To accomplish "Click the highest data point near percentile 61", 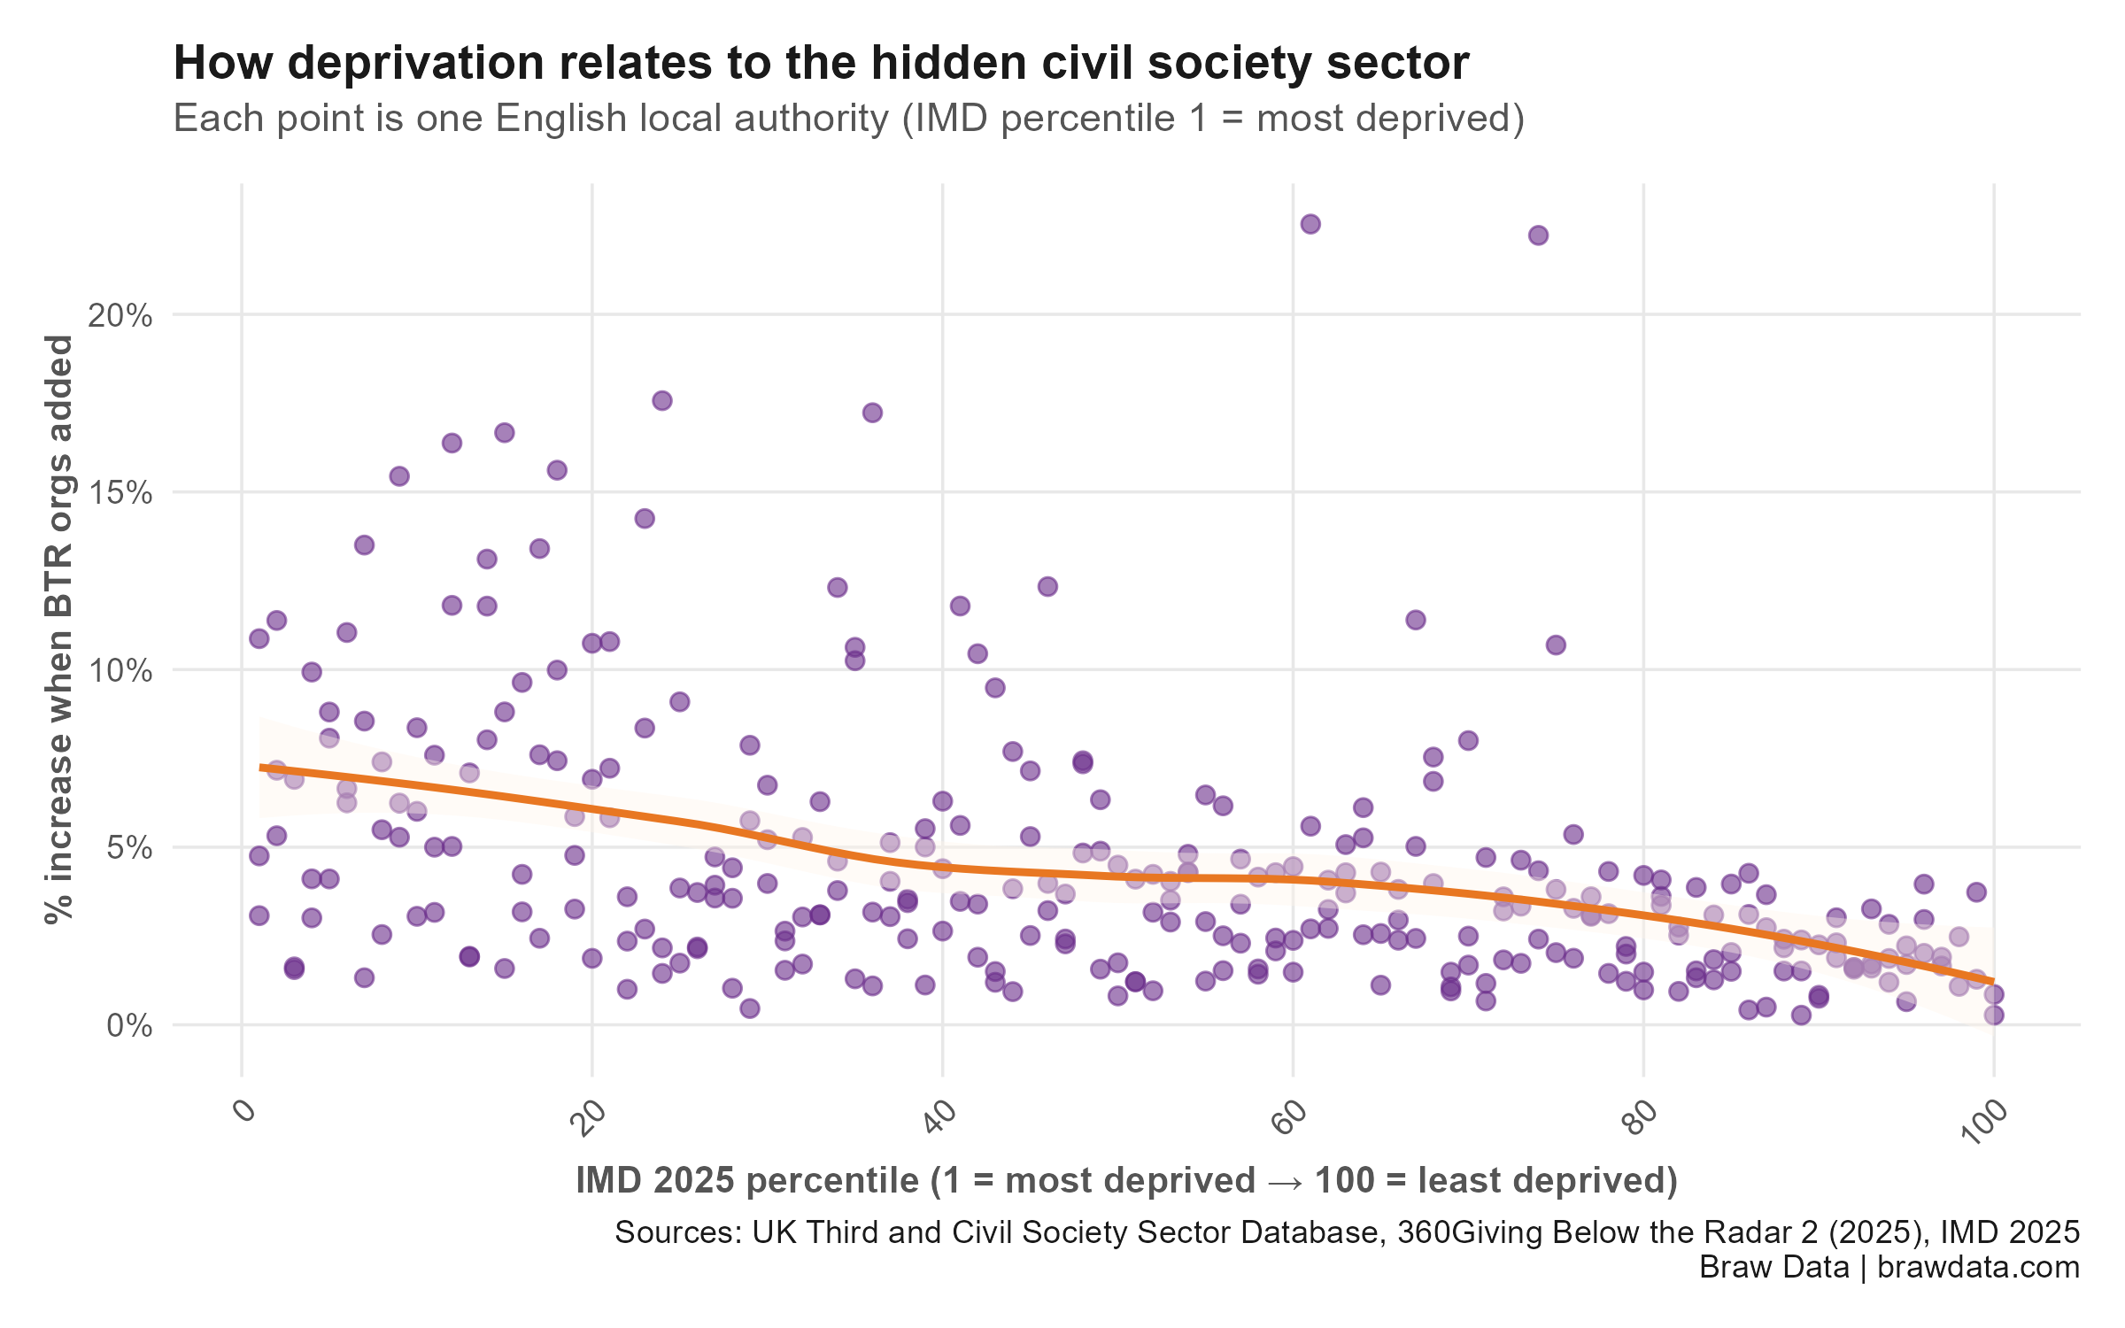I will point(1310,224).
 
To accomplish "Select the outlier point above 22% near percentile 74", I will point(1538,235).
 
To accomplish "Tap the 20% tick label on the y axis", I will point(120,315).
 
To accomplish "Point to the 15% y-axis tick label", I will point(120,493).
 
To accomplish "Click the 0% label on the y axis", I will point(129,1026).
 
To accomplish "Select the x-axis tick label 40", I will point(940,1116).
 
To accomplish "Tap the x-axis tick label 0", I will point(245,1111).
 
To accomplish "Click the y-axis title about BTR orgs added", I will point(59,629).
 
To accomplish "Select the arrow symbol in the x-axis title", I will point(1285,1181).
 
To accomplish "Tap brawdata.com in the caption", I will point(1978,1267).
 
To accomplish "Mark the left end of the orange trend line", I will point(260,767).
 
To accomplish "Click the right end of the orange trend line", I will point(1993,982).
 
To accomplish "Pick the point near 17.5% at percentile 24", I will point(661,401).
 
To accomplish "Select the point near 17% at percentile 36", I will point(872,413).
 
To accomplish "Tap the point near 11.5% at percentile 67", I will point(1415,620).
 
